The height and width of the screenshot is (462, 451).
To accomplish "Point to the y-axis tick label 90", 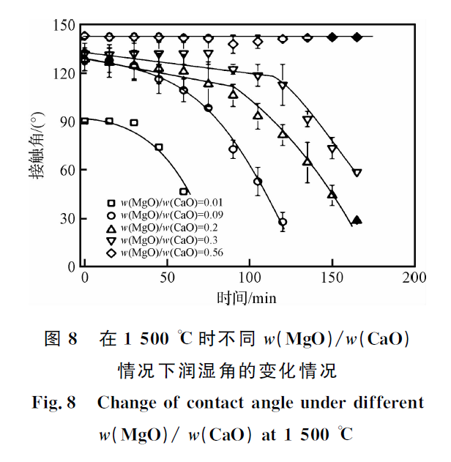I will point(68,122).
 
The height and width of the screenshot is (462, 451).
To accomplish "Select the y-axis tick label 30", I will point(68,218).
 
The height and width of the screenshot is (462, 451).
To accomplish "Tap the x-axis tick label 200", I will point(415,278).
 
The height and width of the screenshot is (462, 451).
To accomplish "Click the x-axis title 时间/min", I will point(246,297).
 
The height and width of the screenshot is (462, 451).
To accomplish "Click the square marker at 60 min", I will point(184,192).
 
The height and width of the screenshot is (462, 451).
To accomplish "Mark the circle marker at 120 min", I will point(283,222).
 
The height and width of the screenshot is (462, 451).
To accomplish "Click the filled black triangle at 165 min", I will point(357,220).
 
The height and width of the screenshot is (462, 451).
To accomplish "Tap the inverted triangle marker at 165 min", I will point(357,174).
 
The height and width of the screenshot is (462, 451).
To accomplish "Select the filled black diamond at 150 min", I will point(332,37).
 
